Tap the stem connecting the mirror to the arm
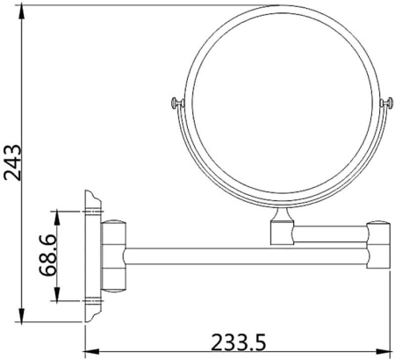281,230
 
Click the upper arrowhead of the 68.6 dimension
58,213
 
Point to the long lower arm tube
246,256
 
